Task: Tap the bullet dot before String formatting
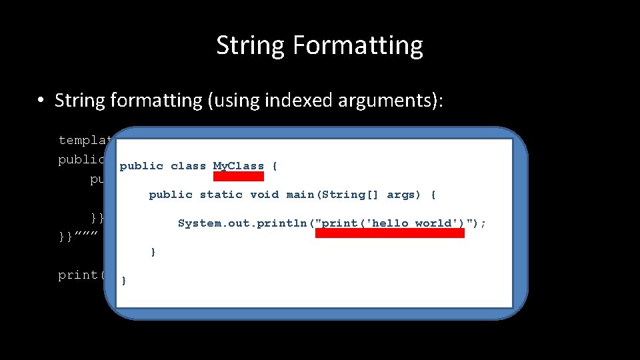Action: coord(41,101)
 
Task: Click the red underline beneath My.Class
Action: coord(239,177)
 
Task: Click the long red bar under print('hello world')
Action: coord(390,233)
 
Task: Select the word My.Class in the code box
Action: coord(239,166)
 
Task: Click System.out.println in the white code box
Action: coord(243,223)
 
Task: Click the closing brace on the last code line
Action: coord(124,281)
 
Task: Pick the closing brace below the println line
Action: coord(153,253)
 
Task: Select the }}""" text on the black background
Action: coord(79,236)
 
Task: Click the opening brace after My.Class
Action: coord(275,166)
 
